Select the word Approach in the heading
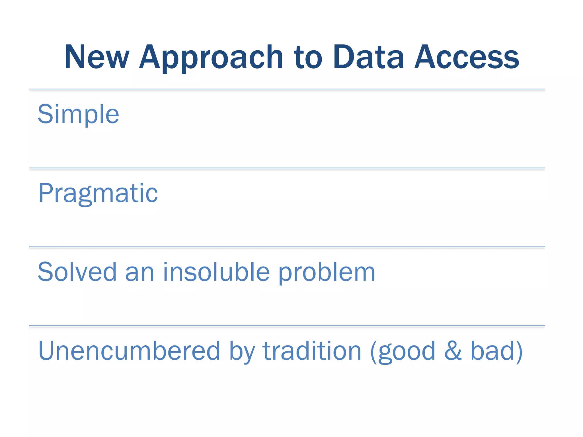211,58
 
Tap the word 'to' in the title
308,57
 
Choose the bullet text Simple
78,114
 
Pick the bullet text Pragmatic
98,193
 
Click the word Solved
77,272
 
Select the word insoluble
216,272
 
